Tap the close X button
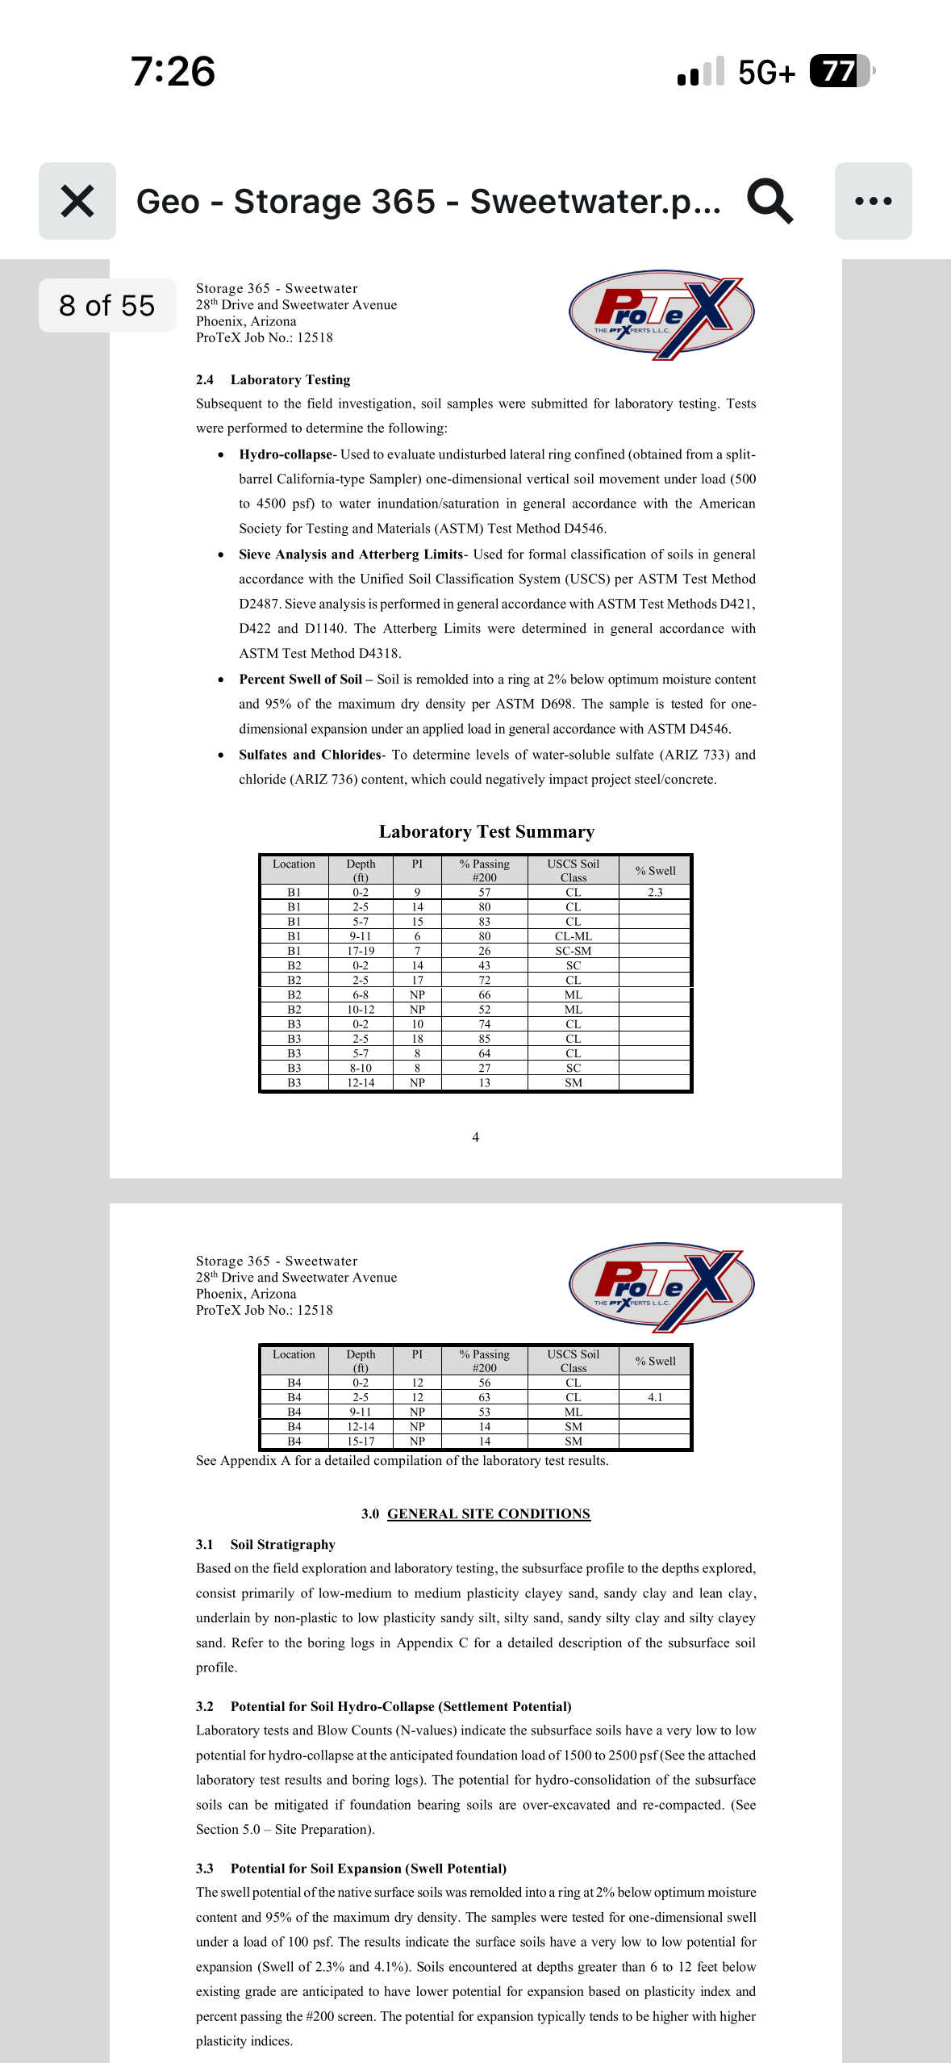tap(77, 201)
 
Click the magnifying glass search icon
tap(770, 201)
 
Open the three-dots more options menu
tap(873, 201)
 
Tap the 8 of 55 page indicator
tap(106, 306)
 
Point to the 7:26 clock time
tap(173, 71)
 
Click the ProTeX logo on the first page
tap(661, 314)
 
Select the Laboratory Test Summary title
tap(486, 831)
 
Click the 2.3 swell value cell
tap(655, 892)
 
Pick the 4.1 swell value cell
tap(655, 1397)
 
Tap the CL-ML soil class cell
tap(573, 936)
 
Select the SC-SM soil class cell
tap(573, 951)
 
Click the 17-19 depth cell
tap(361, 951)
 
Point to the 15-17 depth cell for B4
tap(361, 1441)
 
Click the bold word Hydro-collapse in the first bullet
tap(286, 454)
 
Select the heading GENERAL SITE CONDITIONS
tap(488, 1513)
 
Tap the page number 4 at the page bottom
tap(475, 1137)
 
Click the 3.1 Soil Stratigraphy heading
tap(265, 1544)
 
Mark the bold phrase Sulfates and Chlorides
tap(310, 755)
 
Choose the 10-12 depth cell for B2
tap(361, 1010)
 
